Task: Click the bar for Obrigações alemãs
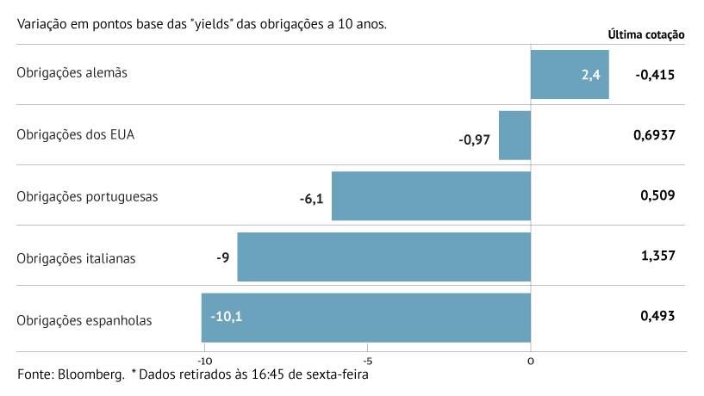click(x=570, y=74)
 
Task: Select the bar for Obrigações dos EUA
click(x=514, y=135)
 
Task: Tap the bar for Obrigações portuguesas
click(x=431, y=196)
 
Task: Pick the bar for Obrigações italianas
click(x=383, y=257)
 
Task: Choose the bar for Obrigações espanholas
click(x=366, y=318)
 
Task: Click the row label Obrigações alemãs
click(x=72, y=73)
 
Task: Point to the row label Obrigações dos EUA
click(x=76, y=134)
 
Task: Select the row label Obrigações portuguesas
click(x=87, y=195)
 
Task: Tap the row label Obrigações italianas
click(x=76, y=257)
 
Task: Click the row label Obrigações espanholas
click(x=84, y=320)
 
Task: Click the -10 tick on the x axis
click(x=203, y=361)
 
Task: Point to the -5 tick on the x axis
click(x=367, y=361)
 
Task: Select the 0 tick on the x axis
click(x=531, y=361)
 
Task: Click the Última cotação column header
click(x=646, y=35)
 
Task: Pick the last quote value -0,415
click(x=655, y=75)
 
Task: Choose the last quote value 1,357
click(x=657, y=256)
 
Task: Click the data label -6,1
click(x=311, y=199)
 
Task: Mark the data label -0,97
click(x=474, y=139)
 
